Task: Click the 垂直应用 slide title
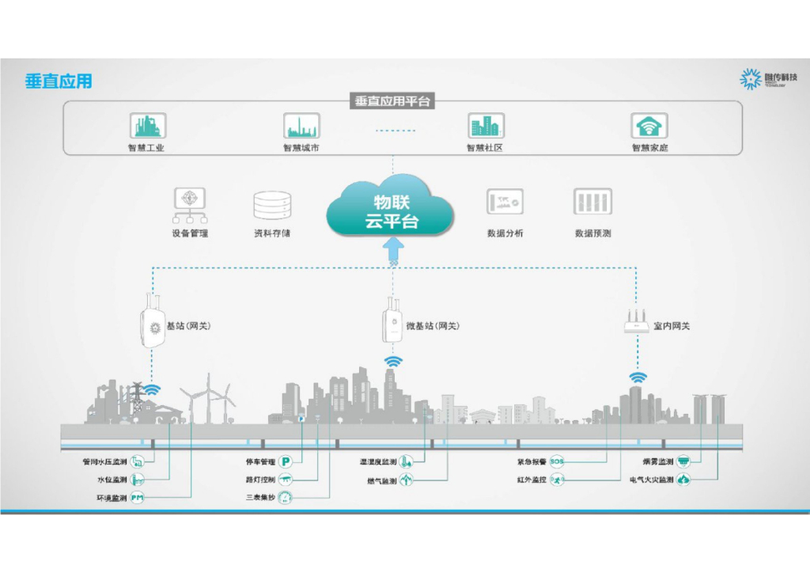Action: [x=59, y=81]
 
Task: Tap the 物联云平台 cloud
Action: [x=391, y=207]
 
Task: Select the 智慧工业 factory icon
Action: [x=146, y=125]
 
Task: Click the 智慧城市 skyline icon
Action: [x=301, y=125]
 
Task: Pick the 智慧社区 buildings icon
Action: [x=485, y=125]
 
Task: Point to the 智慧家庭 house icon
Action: [x=649, y=125]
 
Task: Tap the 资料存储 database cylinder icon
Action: [x=271, y=205]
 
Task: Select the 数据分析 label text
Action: [x=505, y=233]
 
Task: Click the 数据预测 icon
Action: [x=592, y=203]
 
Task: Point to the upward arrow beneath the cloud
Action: [x=393, y=252]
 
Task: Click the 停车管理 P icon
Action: [x=286, y=461]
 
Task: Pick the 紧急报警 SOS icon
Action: [x=557, y=461]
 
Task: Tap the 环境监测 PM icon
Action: [x=138, y=499]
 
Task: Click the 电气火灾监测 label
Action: [x=650, y=480]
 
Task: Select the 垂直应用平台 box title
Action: [x=393, y=101]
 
